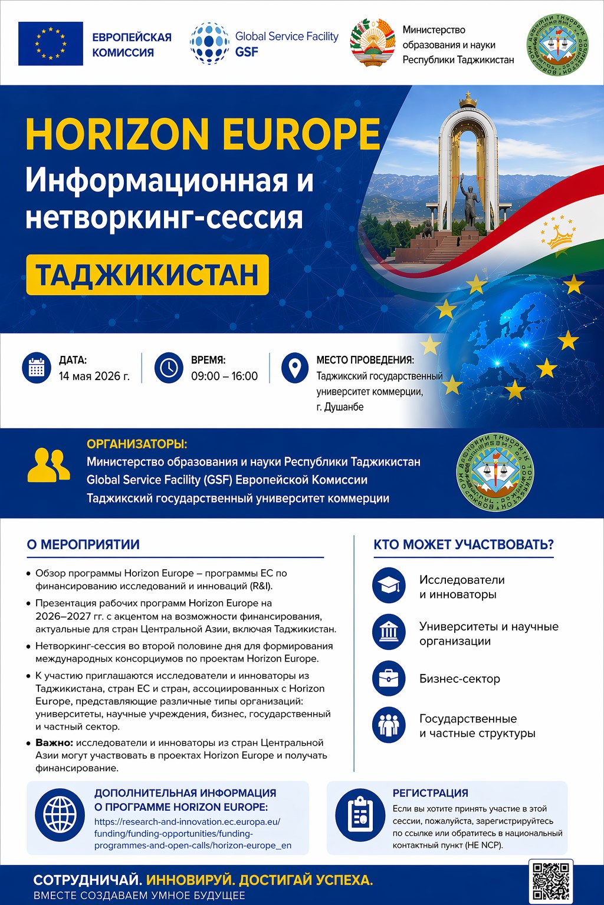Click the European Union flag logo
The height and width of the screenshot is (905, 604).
coord(51,44)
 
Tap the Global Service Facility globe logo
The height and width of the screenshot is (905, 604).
coord(209,44)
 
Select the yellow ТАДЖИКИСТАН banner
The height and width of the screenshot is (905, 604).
coord(147,275)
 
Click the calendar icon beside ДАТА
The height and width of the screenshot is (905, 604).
coord(37,368)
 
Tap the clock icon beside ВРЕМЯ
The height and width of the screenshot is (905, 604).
coord(169,368)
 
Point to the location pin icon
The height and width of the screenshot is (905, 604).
coord(294,368)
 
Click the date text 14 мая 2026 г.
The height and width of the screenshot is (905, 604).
coord(94,376)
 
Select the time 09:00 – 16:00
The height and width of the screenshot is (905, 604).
coord(224,376)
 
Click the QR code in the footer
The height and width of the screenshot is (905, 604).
coord(551,881)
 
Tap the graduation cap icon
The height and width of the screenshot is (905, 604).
coord(389,586)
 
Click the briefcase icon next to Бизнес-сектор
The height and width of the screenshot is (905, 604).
coord(389,678)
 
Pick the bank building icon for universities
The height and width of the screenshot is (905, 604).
coord(389,632)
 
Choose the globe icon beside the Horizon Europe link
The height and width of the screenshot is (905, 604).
coord(60,815)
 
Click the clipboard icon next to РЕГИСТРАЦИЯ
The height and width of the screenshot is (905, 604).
coord(360,815)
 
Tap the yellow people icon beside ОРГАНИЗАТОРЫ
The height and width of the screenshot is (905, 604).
coord(48,465)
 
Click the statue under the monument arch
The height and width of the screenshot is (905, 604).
coord(470,203)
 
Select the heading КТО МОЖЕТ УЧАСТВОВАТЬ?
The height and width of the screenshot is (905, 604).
coord(464,544)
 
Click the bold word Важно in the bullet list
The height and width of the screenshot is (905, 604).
coord(54,742)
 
